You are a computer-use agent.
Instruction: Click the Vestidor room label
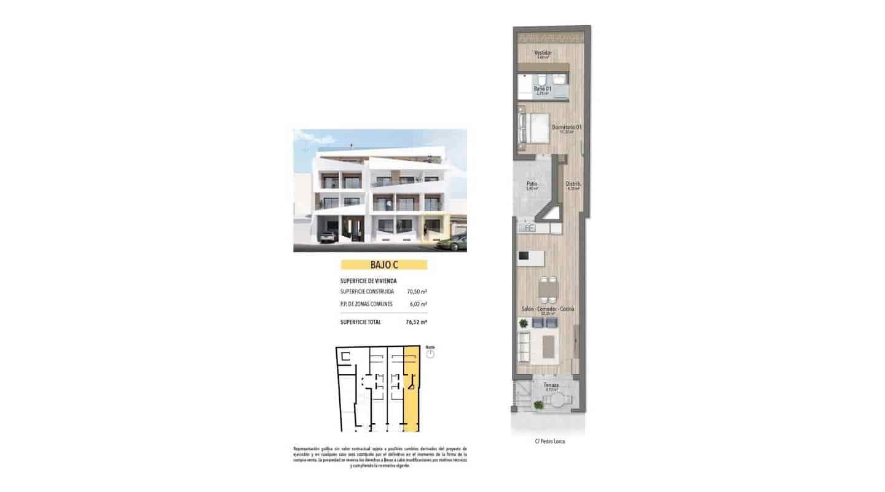click(543, 53)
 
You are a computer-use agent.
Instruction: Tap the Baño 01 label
click(542, 89)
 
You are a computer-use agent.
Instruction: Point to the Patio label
click(532, 184)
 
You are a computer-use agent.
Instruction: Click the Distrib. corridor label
click(573, 184)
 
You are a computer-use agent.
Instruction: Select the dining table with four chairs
click(549, 288)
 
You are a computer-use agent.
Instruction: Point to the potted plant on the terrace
click(539, 404)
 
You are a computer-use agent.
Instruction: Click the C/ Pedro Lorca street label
click(549, 442)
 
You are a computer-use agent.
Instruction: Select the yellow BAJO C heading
click(383, 265)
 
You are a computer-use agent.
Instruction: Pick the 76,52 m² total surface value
click(417, 322)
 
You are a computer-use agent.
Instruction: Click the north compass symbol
click(430, 354)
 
